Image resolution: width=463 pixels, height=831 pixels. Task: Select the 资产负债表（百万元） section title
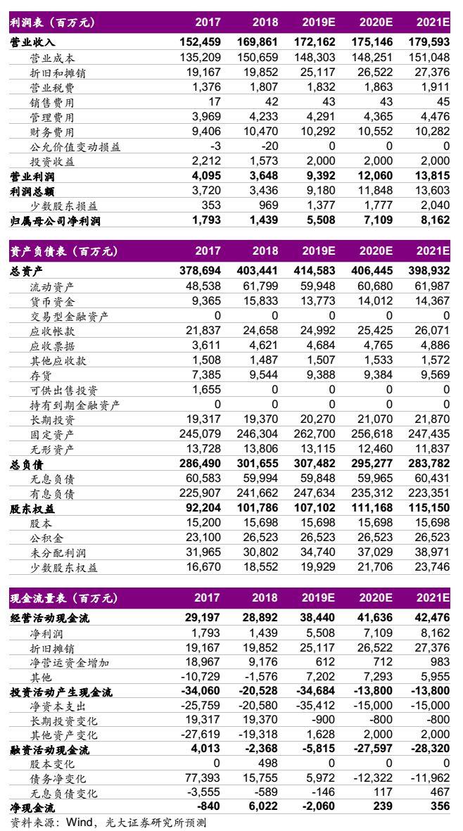(62, 251)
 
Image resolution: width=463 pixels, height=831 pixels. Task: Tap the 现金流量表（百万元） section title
(62, 599)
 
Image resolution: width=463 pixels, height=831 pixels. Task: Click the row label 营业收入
(32, 42)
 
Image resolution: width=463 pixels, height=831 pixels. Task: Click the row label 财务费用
(52, 132)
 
